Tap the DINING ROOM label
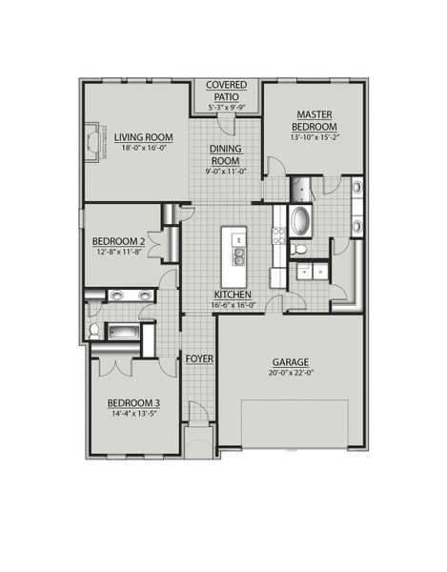pyautogui.click(x=227, y=154)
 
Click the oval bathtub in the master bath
pyautogui.click(x=298, y=221)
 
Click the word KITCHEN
pyautogui.click(x=232, y=296)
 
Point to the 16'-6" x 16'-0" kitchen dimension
pyautogui.click(x=234, y=306)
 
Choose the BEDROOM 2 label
pyautogui.click(x=118, y=241)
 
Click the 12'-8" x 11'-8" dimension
pyautogui.click(x=118, y=253)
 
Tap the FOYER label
pyautogui.click(x=198, y=358)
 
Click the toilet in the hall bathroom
pyautogui.click(x=94, y=331)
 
